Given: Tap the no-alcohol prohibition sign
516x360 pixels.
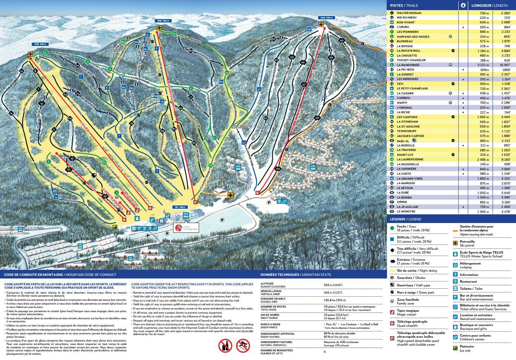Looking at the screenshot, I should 225,345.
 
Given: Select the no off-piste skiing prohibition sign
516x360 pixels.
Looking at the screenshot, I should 243,345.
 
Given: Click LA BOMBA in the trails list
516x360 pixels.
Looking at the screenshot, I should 404,197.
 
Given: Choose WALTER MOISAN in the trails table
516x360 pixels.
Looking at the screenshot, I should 409,13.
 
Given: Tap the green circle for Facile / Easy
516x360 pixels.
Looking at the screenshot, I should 392,228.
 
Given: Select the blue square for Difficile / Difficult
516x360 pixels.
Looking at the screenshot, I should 392,239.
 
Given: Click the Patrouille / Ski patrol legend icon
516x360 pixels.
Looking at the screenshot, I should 455,243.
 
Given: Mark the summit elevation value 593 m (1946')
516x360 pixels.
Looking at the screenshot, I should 333,285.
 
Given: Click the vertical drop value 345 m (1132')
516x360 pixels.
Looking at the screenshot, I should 333,292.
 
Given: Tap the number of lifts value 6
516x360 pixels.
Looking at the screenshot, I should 324,352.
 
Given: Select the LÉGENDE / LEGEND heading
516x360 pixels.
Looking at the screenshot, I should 405,219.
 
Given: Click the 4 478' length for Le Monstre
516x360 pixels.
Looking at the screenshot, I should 505,212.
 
